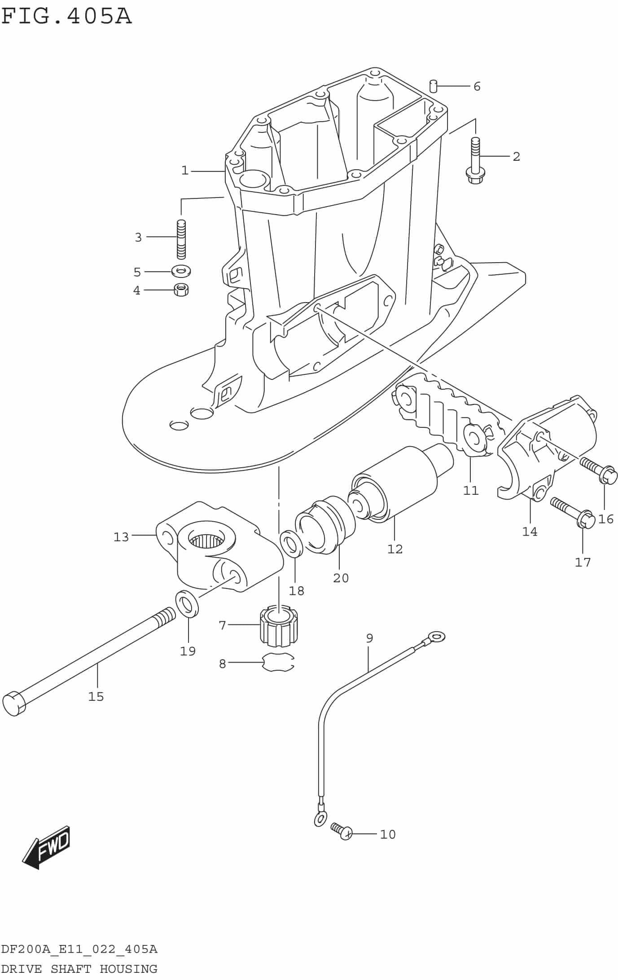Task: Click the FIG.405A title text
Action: (66, 16)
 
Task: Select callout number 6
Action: (477, 86)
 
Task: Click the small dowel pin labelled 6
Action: (433, 85)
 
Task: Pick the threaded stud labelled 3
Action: (181, 239)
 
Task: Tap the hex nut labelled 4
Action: (181, 290)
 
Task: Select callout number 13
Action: (121, 537)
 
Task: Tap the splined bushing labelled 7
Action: (279, 627)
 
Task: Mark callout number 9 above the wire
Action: (369, 638)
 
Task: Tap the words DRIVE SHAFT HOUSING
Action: (79, 969)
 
